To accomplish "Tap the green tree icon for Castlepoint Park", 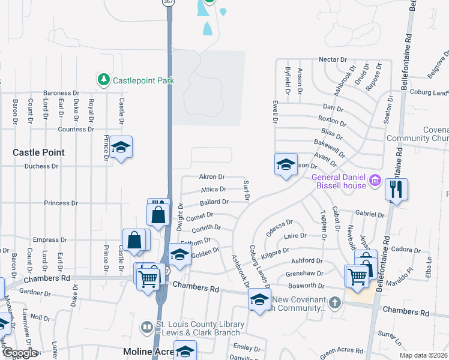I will pos(104,79).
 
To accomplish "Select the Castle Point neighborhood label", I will pos(38,153).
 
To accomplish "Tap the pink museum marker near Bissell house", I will pos(375,179).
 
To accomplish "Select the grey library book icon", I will pos(147,328).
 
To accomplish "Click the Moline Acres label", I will pos(146,351).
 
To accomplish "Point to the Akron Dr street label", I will pos(211,177).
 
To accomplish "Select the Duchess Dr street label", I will pos(41,166).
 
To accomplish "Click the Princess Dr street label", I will pos(61,203).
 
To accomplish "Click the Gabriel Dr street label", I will pos(369,214).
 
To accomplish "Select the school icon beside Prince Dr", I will pos(121,148).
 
